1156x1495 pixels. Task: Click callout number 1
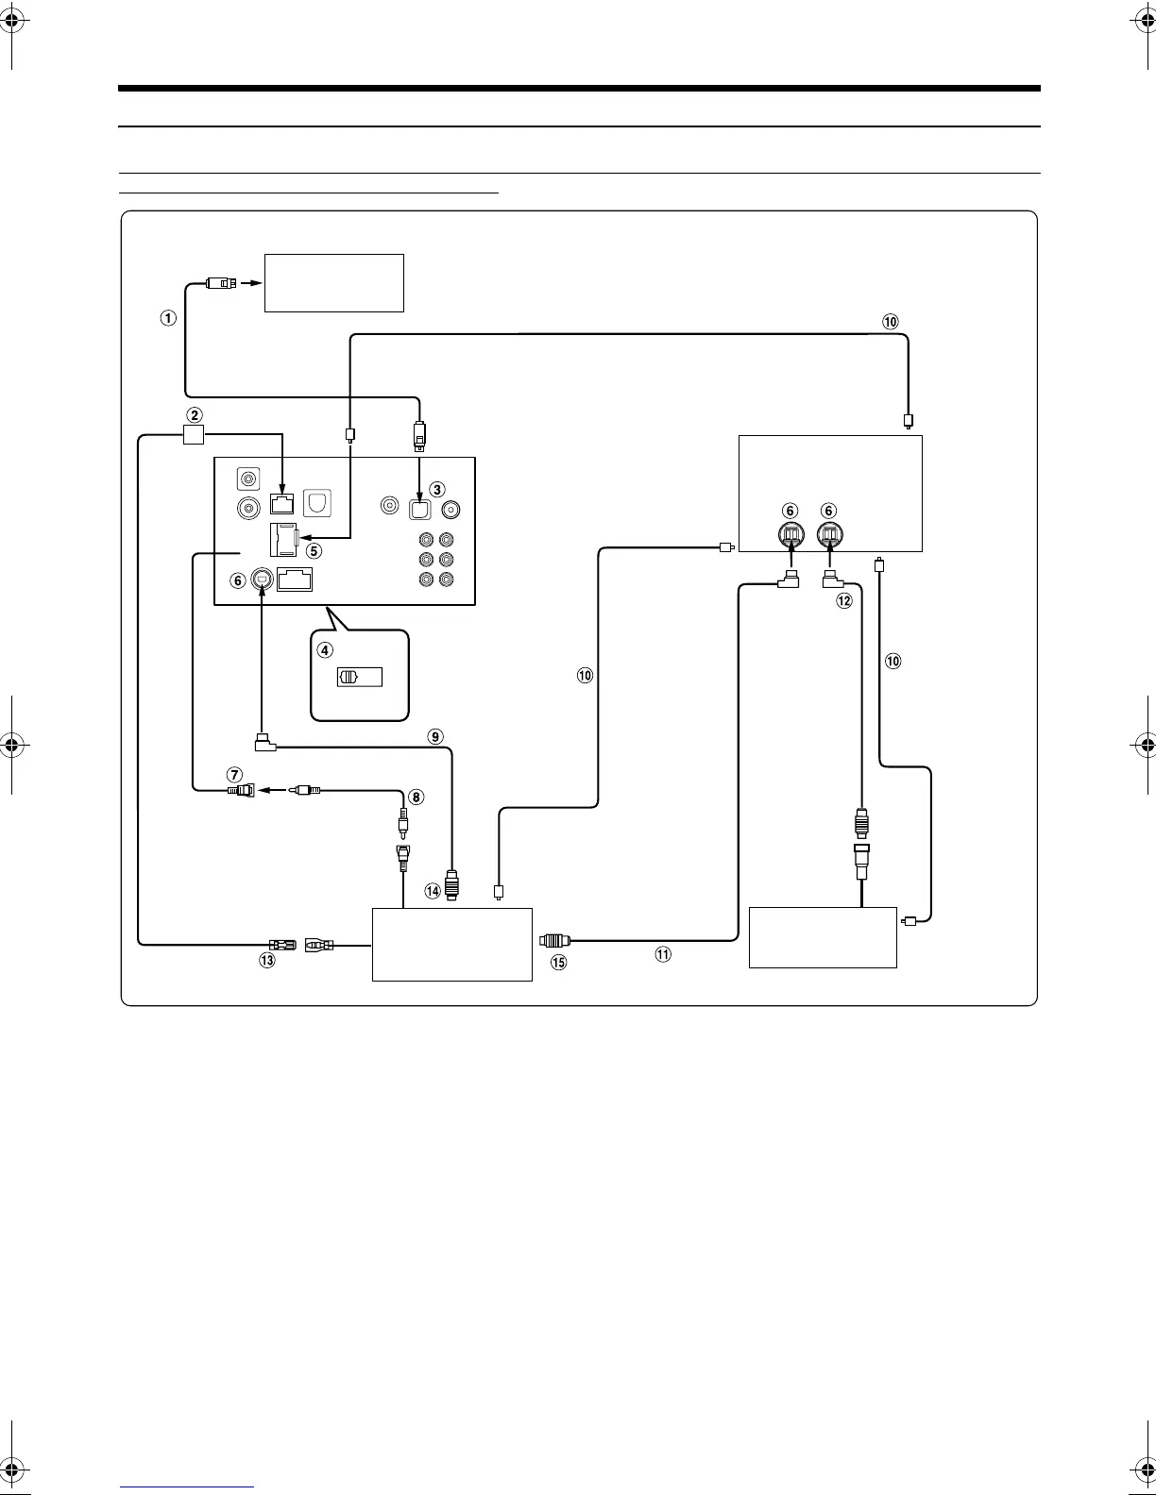167,318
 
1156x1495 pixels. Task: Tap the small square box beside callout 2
193,434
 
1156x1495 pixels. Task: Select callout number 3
436,489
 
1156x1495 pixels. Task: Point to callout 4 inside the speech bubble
325,649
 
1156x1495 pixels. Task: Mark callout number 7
234,775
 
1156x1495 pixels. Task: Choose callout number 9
435,736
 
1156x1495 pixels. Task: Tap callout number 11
663,954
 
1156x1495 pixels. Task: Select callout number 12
844,600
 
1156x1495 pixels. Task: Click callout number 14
433,890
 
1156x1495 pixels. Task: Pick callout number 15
558,962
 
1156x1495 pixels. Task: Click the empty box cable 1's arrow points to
333,282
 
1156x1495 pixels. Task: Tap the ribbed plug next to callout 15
553,941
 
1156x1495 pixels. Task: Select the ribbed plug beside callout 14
451,888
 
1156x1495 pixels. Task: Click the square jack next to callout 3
419,509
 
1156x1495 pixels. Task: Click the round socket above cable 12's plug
828,536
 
